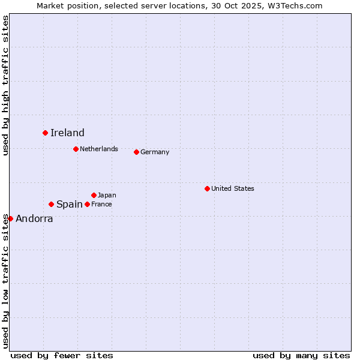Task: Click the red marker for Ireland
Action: (x=45, y=133)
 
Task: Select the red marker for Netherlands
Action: (x=76, y=149)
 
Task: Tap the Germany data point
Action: (x=136, y=152)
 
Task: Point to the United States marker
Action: (x=207, y=188)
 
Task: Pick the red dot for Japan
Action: (x=94, y=195)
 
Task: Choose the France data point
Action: (x=87, y=204)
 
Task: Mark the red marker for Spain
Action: (x=51, y=204)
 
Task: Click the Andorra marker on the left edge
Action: (x=10, y=218)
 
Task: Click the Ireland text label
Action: (x=67, y=133)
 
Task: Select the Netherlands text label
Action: (x=99, y=149)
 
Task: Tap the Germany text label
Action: (x=155, y=152)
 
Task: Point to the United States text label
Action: (x=233, y=188)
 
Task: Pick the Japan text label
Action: (x=107, y=195)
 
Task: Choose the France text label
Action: (x=101, y=204)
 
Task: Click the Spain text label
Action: (x=70, y=204)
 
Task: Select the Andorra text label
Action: (x=34, y=219)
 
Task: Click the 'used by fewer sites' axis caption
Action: (x=62, y=355)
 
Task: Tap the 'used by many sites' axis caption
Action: (x=301, y=355)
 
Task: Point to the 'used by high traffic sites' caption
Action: (x=5, y=85)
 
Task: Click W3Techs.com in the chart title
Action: (x=294, y=5)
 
